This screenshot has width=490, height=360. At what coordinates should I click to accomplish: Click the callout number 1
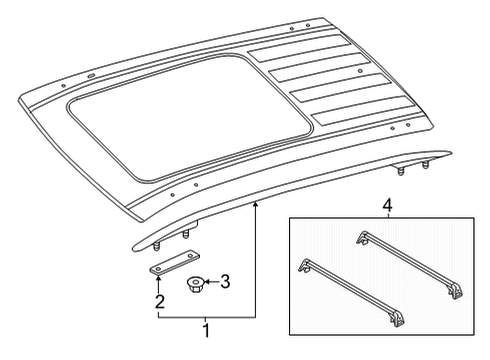point(207,331)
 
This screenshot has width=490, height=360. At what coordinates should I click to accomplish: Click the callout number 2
point(160,302)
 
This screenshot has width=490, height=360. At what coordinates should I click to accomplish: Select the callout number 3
point(225,282)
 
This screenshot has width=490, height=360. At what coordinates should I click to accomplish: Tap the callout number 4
point(387,206)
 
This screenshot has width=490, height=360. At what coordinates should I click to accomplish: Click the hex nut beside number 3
point(194,284)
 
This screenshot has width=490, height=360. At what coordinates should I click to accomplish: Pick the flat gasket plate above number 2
point(174,263)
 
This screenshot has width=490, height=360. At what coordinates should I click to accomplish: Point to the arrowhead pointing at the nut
point(205,282)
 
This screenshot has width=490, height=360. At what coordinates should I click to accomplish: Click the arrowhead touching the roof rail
point(255,204)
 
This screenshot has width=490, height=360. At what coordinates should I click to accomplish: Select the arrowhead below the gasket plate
point(158,280)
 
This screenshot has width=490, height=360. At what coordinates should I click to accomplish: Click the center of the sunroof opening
point(190,117)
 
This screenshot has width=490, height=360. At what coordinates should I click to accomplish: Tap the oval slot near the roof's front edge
point(91,76)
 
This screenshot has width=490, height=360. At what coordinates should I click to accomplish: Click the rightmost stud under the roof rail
point(425,165)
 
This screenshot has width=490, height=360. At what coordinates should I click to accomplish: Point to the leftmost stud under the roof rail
point(155,247)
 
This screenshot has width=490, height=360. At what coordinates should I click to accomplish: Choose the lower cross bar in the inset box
point(353,292)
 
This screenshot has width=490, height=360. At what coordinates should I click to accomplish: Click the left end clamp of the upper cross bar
point(362,238)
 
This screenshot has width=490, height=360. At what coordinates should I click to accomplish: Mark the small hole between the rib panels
point(359,71)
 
